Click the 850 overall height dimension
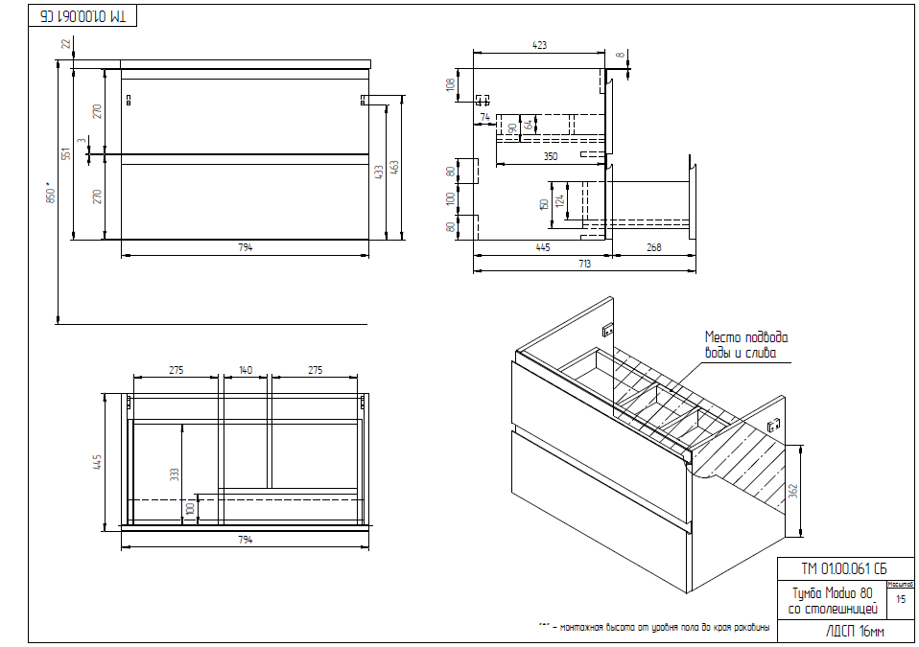tap(52, 193)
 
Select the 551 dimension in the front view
tap(66, 153)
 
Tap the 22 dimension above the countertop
tap(66, 43)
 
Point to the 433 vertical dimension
tap(379, 171)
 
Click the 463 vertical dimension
tap(394, 166)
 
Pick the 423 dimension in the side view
tap(539, 44)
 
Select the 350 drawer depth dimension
tap(550, 155)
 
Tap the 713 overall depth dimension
tap(583, 264)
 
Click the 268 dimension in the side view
tap(653, 247)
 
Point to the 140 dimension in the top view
tap(246, 369)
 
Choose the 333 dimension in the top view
tap(175, 474)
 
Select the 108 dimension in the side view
tap(451, 84)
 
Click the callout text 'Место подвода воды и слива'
tap(746, 345)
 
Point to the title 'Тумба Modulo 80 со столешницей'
tap(831, 600)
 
